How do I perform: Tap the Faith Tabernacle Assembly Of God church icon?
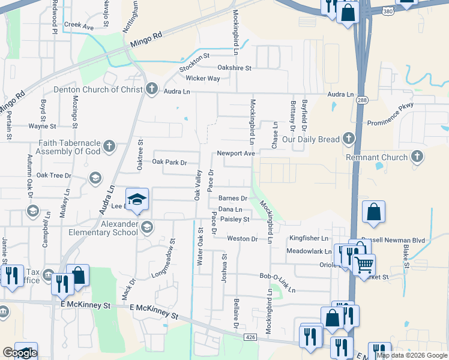[x=109, y=145]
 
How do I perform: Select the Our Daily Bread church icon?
[x=348, y=139]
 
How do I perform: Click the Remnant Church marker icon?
[x=417, y=157]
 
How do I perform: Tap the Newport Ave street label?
[x=237, y=153]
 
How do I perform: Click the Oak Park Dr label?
[x=170, y=162]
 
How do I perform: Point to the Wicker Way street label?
[x=203, y=79]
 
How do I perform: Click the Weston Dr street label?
[x=242, y=239]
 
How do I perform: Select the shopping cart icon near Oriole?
[x=364, y=264]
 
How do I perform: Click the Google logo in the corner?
[x=20, y=353]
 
